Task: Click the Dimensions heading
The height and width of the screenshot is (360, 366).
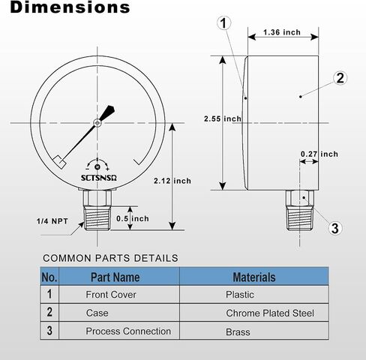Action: click(70, 7)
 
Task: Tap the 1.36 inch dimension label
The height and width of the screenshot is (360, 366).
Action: click(282, 32)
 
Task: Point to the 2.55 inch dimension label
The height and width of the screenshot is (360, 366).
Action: click(223, 118)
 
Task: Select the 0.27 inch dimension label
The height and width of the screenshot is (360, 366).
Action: click(319, 154)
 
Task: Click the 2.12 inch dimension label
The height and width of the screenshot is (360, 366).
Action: click(172, 181)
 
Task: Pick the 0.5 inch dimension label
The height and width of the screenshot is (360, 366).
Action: click(133, 218)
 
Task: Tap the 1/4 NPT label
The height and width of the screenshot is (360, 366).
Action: click(52, 221)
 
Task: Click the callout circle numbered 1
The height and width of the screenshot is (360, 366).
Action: click(223, 23)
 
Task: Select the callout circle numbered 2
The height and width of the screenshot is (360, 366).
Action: click(340, 78)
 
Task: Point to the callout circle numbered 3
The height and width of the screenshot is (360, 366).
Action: click(335, 228)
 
